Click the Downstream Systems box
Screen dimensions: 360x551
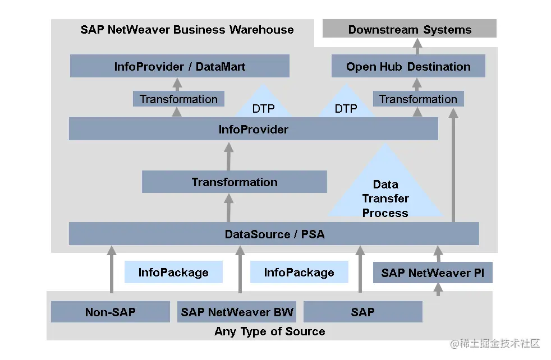tap(410, 29)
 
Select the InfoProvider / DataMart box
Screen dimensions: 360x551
tap(180, 66)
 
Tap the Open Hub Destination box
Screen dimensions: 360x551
tap(408, 66)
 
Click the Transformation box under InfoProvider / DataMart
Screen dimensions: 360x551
tap(178, 99)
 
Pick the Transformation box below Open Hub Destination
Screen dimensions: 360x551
tap(418, 99)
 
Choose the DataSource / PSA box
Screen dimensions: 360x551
tap(274, 234)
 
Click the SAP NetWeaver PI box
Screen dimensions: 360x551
tap(433, 273)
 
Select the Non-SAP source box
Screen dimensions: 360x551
tap(110, 312)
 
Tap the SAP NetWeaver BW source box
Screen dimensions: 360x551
tap(237, 312)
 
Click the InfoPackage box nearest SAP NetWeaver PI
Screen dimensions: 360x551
tap(299, 273)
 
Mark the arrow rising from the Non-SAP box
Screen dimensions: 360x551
tap(112, 269)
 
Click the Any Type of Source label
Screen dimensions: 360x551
tap(269, 331)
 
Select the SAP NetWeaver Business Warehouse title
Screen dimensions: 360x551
tap(187, 30)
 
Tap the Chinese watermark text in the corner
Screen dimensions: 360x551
tap(493, 343)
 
